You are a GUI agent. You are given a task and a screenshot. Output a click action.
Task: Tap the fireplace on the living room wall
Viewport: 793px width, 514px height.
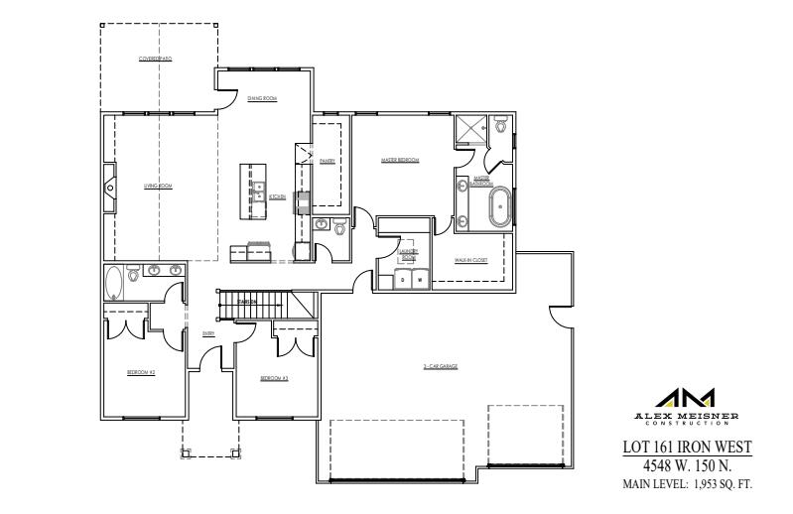coord(110,185)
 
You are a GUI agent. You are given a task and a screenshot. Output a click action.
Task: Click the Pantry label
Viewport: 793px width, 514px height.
coord(327,160)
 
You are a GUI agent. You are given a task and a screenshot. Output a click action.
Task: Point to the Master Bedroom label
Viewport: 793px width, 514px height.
coord(400,160)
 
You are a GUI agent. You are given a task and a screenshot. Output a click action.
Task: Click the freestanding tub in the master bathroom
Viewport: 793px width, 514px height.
coord(499,205)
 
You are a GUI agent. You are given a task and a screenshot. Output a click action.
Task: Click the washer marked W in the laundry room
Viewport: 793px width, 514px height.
coord(419,281)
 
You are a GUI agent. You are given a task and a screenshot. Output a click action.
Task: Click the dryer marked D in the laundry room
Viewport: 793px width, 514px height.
coord(402,281)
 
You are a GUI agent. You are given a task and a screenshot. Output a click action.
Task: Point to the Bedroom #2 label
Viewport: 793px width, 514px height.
coord(141,372)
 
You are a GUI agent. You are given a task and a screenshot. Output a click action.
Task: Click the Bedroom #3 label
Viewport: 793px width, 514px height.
coord(274,378)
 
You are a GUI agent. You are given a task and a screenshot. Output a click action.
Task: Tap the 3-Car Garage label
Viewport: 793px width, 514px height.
coord(440,366)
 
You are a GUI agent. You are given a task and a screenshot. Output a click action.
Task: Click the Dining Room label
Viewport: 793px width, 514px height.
coord(262,98)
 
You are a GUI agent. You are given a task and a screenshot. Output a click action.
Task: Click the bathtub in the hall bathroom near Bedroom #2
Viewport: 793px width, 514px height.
coord(114,283)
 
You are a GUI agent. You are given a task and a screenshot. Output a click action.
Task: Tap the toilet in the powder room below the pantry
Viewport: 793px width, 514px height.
coord(339,228)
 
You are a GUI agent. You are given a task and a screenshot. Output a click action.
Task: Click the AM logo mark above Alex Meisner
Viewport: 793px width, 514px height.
coord(686,396)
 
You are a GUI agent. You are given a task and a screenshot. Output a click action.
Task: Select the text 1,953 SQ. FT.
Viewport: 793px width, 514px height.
coord(721,484)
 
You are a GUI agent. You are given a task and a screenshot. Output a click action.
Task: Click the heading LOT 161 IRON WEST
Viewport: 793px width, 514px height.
coord(686,448)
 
